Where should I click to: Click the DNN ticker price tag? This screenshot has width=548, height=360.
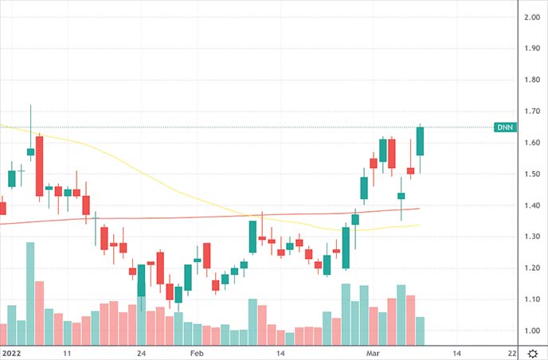point(505,127)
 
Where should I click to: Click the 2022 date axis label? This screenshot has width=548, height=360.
point(11,352)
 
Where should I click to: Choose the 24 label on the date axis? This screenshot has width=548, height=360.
point(142,352)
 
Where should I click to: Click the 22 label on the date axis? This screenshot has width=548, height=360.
point(512,352)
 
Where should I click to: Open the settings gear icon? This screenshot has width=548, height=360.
point(531,351)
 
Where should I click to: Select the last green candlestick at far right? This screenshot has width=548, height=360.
point(420,141)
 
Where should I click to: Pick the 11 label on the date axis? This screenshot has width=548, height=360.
point(68,352)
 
